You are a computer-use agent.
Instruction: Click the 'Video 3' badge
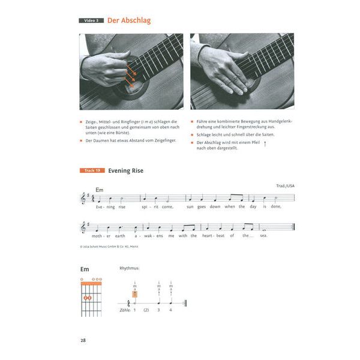(x=92, y=20)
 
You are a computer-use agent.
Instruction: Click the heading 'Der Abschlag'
(x=129, y=20)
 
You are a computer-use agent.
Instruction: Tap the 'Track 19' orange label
(x=92, y=171)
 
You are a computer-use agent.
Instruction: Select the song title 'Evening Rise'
(x=126, y=171)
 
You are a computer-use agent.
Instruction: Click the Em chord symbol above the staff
(x=99, y=190)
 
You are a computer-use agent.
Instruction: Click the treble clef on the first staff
(x=83, y=197)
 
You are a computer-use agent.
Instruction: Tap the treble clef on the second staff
(x=83, y=227)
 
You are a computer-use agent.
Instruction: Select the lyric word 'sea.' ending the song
(x=262, y=236)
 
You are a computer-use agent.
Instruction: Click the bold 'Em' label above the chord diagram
(x=85, y=269)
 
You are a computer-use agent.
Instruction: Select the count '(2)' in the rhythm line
(x=146, y=310)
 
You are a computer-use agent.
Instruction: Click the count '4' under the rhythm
(x=171, y=310)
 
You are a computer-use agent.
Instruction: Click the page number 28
(x=83, y=341)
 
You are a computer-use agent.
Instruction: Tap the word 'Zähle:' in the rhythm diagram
(x=124, y=310)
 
